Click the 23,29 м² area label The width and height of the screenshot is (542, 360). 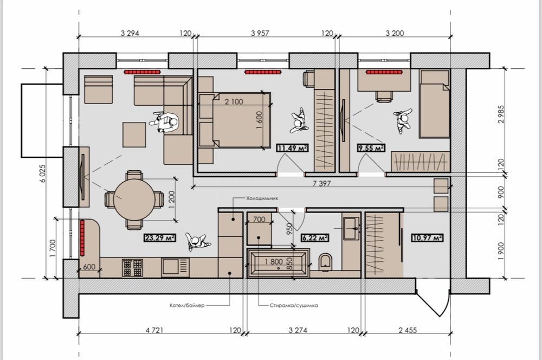(x=159, y=237)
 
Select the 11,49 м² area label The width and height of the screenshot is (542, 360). (x=293, y=148)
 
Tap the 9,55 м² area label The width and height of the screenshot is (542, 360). (x=371, y=148)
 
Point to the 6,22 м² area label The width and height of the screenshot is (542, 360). (x=314, y=237)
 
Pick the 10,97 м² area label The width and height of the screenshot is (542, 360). (x=427, y=237)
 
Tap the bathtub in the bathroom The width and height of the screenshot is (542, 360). (x=278, y=263)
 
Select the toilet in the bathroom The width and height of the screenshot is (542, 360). (x=325, y=261)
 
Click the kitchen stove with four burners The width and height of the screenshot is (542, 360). (x=132, y=268)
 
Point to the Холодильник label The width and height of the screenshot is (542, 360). (x=262, y=198)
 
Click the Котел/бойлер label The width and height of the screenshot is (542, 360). (x=187, y=305)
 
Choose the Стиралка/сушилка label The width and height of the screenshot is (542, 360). (x=294, y=305)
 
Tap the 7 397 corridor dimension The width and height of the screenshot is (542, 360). (x=321, y=183)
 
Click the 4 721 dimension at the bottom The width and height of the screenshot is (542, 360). (x=154, y=330)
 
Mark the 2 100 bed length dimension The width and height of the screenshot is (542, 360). (x=234, y=102)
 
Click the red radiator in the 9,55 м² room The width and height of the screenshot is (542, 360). (x=384, y=72)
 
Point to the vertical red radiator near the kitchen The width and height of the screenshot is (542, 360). (x=82, y=237)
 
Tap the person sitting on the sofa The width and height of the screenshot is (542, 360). (x=165, y=122)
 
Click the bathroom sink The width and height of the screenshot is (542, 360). (x=351, y=228)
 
